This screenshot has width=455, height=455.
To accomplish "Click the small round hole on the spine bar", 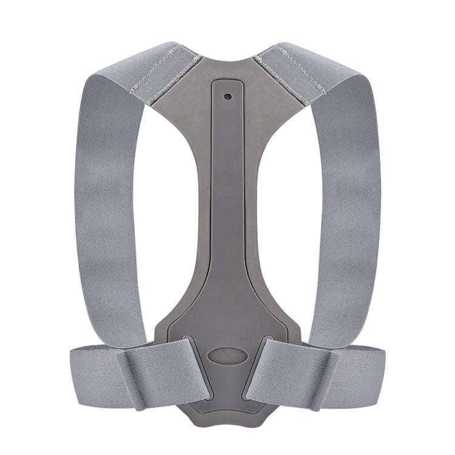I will pos(227,96).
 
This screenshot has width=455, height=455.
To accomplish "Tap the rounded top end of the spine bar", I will pos(227,85).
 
